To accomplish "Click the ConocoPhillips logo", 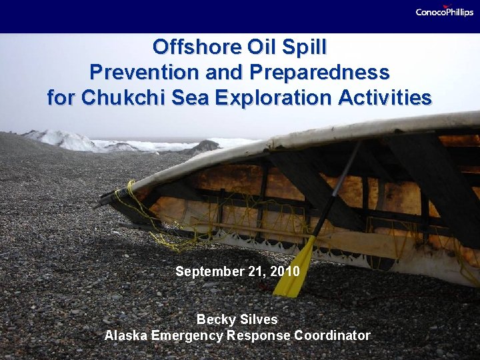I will [x=444, y=11].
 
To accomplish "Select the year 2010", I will [x=285, y=272].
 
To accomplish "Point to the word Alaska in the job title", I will [x=125, y=335].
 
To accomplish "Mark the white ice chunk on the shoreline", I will [x=63, y=140].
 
